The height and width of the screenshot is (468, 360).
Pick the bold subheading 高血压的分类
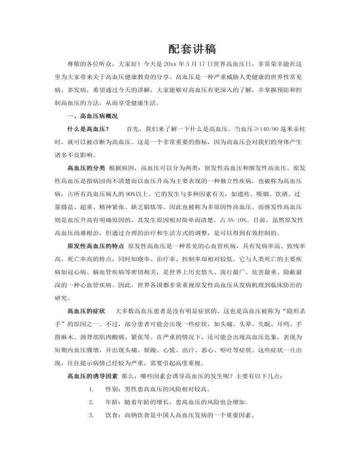(86, 168)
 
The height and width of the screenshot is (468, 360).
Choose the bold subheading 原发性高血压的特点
(96, 245)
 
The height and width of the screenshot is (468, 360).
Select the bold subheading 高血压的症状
(86, 310)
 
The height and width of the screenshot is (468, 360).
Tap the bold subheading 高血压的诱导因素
(93, 376)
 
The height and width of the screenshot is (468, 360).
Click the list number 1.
(90, 389)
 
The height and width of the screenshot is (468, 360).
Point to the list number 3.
(90, 415)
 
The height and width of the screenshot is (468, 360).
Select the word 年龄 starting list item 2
(112, 402)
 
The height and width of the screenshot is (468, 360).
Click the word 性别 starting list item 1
(112, 389)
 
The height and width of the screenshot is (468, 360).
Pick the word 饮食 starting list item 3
(112, 415)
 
